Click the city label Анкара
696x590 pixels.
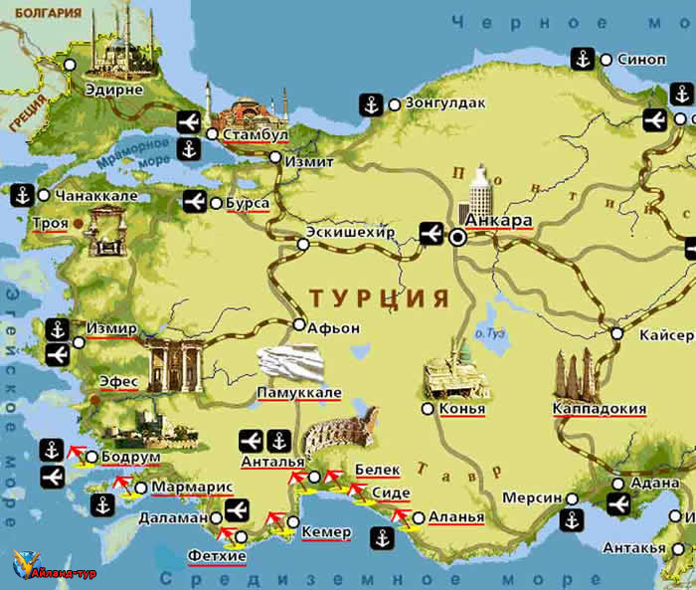(499, 221)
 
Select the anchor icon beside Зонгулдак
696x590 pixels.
(369, 103)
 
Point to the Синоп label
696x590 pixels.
(641, 59)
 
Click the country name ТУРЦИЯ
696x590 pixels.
(379, 298)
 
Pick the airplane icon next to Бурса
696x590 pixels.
(196, 203)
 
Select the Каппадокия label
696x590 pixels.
(600, 409)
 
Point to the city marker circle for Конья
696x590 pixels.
(428, 409)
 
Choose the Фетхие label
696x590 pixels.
(216, 555)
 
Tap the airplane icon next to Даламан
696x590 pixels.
(236, 510)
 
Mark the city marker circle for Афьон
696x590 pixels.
(299, 324)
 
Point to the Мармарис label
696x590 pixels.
(192, 488)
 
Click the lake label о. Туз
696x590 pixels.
(491, 334)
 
